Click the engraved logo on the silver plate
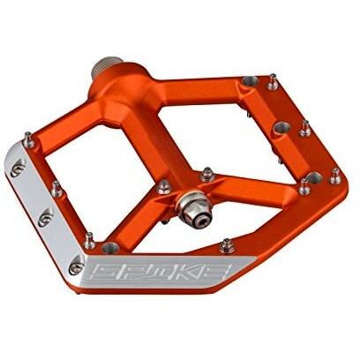coord(161,272)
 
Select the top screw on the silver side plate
coord(18,169)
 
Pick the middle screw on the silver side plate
coord(46,217)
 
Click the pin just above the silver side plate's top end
coord(28,139)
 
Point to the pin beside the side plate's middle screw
coord(56,189)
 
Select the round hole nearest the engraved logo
coord(110,248)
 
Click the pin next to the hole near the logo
coord(90,240)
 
